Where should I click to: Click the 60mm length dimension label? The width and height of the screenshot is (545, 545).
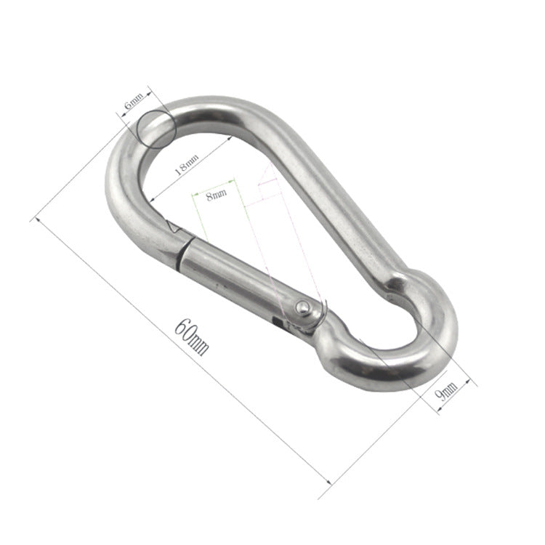coord(191,336)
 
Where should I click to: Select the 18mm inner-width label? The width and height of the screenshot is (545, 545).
coord(186,168)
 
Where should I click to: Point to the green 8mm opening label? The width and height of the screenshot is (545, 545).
coord(216,194)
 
